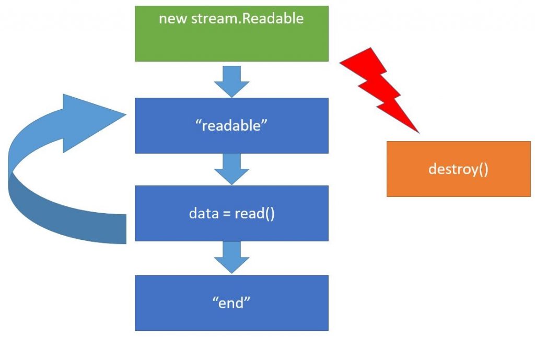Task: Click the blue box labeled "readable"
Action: [x=231, y=125]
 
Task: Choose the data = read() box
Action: [x=231, y=213]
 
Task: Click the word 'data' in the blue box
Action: [x=201, y=213]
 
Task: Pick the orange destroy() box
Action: [x=458, y=169]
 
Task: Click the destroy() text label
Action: [x=458, y=169]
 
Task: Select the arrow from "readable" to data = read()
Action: [x=231, y=168]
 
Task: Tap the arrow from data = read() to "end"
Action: [x=231, y=257]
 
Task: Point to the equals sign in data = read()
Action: [x=226, y=214]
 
